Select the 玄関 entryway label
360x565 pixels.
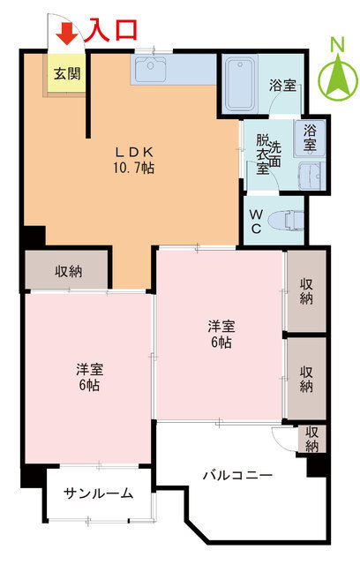tap(65, 72)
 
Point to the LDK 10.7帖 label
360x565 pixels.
tap(133, 159)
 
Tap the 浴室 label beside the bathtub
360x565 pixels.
tap(282, 87)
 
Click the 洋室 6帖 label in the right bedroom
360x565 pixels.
tap(220, 333)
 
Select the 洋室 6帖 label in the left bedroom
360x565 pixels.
tap(88, 377)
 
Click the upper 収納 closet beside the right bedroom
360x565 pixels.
tap(306, 291)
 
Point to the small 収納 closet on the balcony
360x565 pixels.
tap(312, 439)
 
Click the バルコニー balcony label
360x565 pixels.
tap(237, 476)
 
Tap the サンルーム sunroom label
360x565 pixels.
tap(99, 493)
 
